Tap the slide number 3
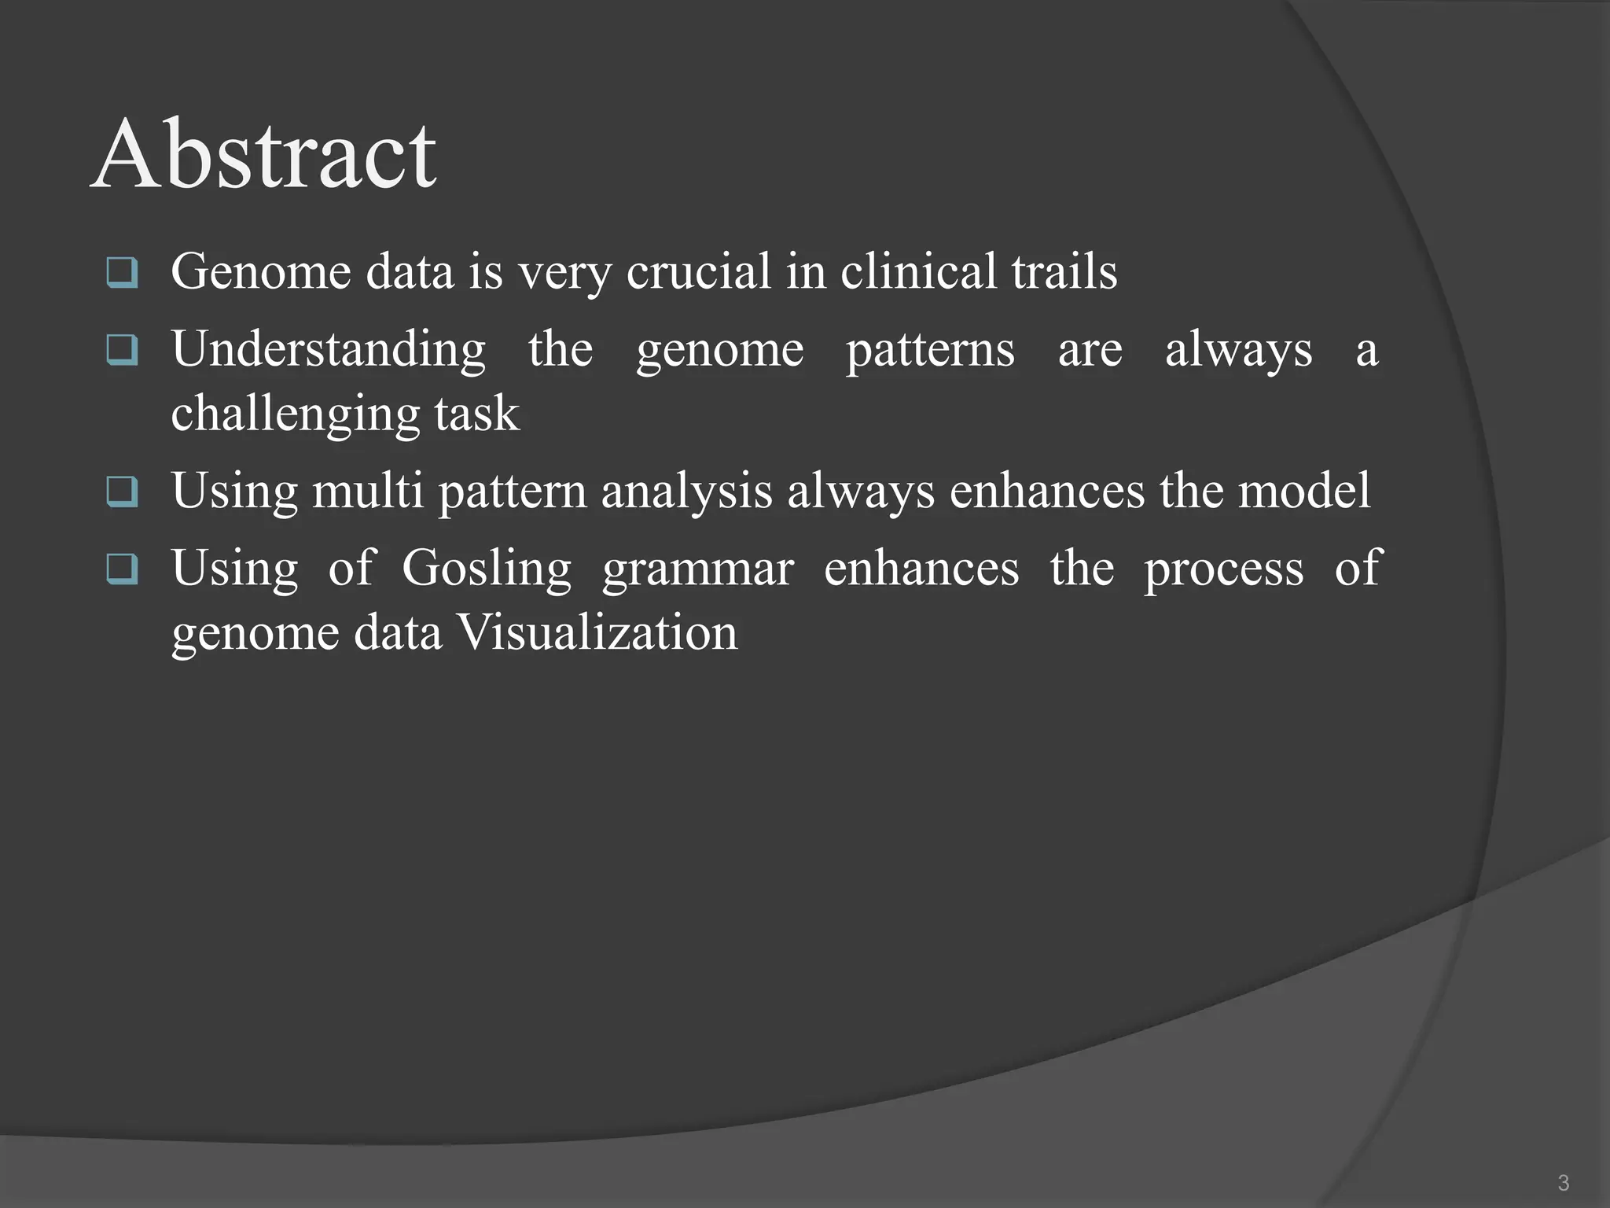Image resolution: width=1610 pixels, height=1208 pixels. click(x=1563, y=1182)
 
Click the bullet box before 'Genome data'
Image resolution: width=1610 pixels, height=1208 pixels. click(x=122, y=272)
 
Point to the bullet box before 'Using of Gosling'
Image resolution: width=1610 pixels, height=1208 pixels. click(x=122, y=569)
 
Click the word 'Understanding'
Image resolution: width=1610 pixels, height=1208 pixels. click(x=329, y=350)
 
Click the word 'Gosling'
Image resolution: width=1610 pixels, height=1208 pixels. click(x=487, y=569)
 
